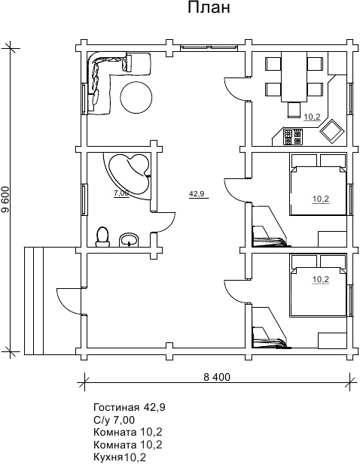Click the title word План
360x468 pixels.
pos(209,8)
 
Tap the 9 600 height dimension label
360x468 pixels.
pos(6,199)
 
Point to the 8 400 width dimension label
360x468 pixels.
pos(217,377)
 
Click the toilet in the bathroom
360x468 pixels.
pos(102,237)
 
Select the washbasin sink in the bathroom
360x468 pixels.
pos(130,240)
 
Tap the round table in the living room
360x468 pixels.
pos(136,97)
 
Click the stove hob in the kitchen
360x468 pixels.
pos(292,137)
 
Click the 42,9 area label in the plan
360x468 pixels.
pos(197,193)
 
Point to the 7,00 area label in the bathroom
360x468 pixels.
pos(121,193)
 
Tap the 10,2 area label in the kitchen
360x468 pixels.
pos(312,117)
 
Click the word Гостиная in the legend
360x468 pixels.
pos(116,407)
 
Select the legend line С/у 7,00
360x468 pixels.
pos(114,420)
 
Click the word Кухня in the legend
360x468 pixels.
pos(108,457)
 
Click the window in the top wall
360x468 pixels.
pos(209,47)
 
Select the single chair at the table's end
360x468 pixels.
pos(294,109)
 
